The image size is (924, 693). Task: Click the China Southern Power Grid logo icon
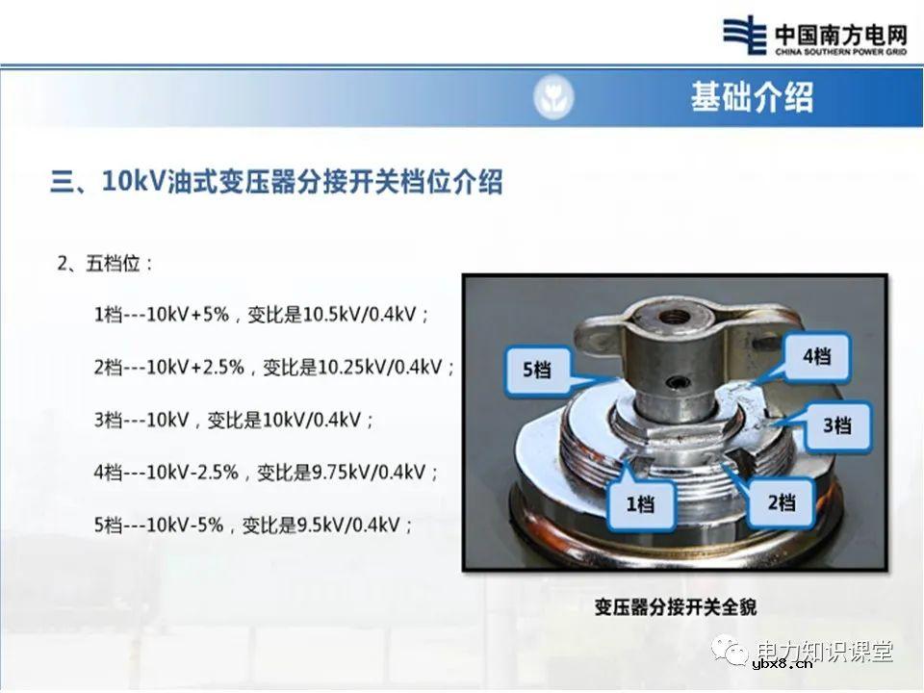click(x=748, y=37)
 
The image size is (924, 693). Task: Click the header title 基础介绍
click(x=751, y=97)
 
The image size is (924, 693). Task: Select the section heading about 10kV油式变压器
click(x=276, y=181)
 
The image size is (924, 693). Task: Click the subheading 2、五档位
click(x=106, y=263)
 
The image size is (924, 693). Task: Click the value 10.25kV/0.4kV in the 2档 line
click(x=386, y=368)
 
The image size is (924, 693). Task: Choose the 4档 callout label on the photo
click(x=816, y=357)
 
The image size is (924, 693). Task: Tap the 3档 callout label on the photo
click(x=836, y=424)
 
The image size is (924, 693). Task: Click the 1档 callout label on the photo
click(x=640, y=502)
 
